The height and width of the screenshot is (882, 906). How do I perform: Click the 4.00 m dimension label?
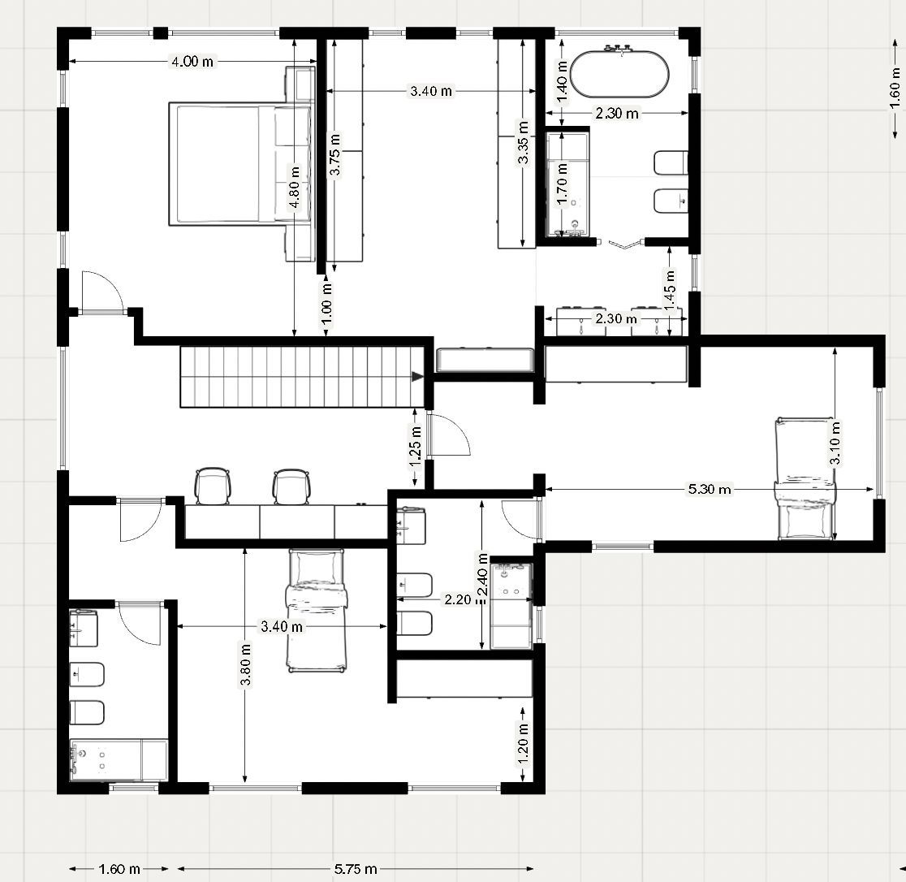tap(192, 61)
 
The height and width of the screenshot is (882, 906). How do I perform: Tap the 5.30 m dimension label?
tap(709, 490)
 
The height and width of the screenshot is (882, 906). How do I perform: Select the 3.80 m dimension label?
tap(245, 664)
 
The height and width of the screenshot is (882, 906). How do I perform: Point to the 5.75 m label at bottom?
tap(356, 869)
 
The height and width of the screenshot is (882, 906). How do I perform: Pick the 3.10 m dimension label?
tap(835, 443)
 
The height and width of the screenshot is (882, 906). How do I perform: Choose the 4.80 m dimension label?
tap(294, 188)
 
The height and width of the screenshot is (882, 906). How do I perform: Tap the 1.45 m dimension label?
tap(670, 290)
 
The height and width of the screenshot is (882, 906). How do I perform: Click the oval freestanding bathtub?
tap(619, 73)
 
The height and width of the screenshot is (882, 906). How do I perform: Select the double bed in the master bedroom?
tap(240, 163)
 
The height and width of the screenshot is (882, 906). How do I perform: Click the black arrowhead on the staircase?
tap(417, 377)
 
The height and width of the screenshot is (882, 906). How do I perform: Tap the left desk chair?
tap(213, 486)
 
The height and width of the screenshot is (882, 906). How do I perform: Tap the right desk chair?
tap(291, 486)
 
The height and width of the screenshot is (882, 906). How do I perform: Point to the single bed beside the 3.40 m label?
tap(317, 611)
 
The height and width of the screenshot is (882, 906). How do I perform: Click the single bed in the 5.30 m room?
tap(805, 478)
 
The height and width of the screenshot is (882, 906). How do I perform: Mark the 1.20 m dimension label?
tap(522, 744)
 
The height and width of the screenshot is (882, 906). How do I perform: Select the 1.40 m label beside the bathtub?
tap(563, 81)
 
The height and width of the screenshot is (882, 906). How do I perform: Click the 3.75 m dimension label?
tap(334, 154)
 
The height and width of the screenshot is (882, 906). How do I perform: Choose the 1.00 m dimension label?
tap(326, 304)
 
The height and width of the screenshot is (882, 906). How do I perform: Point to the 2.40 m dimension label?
tap(483, 574)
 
